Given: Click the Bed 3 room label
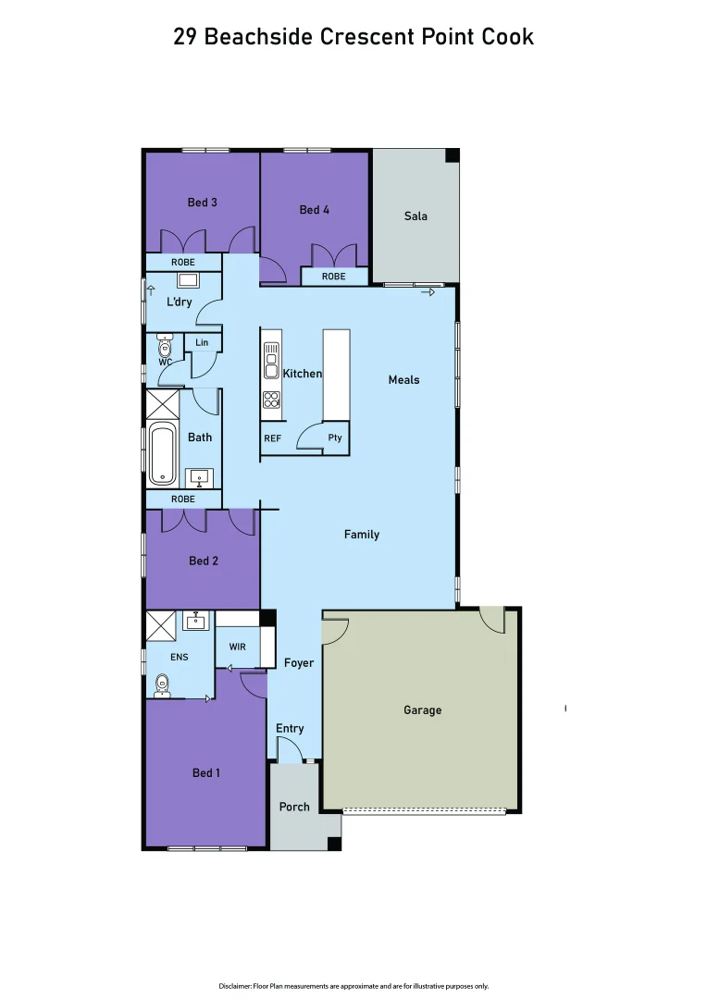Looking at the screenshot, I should coord(202,202).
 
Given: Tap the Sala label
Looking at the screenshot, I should coord(416,216).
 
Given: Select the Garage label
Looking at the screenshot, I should coord(422,710).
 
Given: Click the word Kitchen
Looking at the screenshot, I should coord(302,374).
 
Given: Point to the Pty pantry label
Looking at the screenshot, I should coord(335,438).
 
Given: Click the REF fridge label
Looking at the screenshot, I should coord(272,438).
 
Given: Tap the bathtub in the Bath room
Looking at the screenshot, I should coord(163,453).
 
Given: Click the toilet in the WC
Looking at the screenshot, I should coord(165,347).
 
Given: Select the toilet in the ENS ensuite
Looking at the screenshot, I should coord(162,686).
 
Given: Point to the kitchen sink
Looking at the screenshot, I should coord(271,361).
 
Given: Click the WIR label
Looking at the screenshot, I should coord(237,647).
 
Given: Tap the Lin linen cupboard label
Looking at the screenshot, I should coord(202,343).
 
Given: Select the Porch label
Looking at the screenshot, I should coord(294,807).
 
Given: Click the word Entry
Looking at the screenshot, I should coord(290,728).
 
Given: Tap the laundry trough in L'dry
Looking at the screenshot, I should coord(188,280).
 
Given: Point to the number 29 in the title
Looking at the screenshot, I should coord(185,37).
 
